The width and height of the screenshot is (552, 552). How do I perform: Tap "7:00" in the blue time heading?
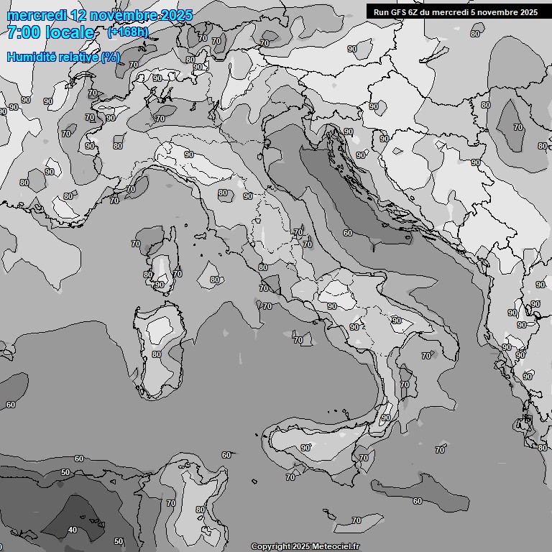(x=24, y=33)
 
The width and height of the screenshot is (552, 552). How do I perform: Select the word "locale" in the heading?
(x=70, y=33)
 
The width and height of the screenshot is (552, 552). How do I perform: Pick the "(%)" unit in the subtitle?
(x=110, y=57)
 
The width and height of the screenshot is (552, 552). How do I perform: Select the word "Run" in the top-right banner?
(x=382, y=12)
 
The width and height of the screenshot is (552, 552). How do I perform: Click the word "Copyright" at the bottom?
(x=271, y=547)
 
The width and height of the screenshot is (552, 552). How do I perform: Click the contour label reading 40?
(x=73, y=530)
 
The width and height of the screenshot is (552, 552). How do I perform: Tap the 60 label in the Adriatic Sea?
(x=348, y=233)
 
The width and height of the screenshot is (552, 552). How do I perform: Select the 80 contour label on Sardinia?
(x=157, y=354)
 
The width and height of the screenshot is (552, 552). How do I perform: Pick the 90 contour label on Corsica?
(x=160, y=285)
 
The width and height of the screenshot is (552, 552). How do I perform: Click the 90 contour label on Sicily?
(x=305, y=448)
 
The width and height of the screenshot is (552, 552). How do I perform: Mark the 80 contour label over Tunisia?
(x=201, y=510)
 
